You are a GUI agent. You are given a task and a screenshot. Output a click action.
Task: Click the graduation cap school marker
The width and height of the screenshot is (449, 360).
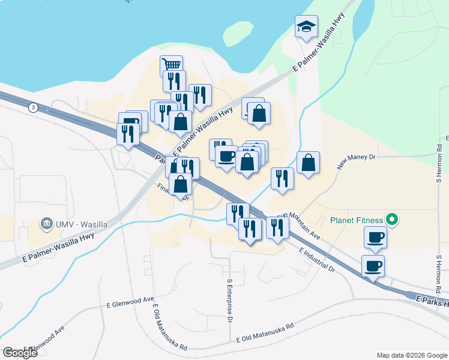[x=306, y=27]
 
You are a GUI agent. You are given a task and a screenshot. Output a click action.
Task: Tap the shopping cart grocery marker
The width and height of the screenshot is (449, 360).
[x=171, y=65]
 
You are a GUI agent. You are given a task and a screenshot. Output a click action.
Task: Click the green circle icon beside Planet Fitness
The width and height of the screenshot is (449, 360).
[x=393, y=220]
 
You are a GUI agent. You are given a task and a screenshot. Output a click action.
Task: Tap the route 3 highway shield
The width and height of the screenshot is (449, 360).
[x=32, y=107]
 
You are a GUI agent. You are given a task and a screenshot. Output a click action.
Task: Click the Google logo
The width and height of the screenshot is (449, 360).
[x=20, y=353]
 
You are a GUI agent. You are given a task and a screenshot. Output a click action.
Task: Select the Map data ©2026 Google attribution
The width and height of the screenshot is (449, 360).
[x=412, y=355]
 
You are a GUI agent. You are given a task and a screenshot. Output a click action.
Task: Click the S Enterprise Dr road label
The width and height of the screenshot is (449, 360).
[x=229, y=300]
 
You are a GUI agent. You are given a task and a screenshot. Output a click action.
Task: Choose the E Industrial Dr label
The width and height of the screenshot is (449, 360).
[x=316, y=259]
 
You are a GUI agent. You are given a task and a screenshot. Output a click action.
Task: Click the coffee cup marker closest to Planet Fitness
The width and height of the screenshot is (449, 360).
[x=375, y=238]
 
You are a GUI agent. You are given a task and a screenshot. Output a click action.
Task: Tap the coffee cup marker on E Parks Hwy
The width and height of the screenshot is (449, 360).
[x=372, y=265]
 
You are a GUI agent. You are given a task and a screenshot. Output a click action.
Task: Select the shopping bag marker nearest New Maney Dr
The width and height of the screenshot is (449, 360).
[x=308, y=162]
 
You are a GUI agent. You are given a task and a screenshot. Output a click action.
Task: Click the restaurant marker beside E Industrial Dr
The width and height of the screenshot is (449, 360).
[x=276, y=227]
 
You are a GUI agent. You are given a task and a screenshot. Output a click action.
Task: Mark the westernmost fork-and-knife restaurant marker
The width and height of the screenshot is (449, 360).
[x=128, y=133]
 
